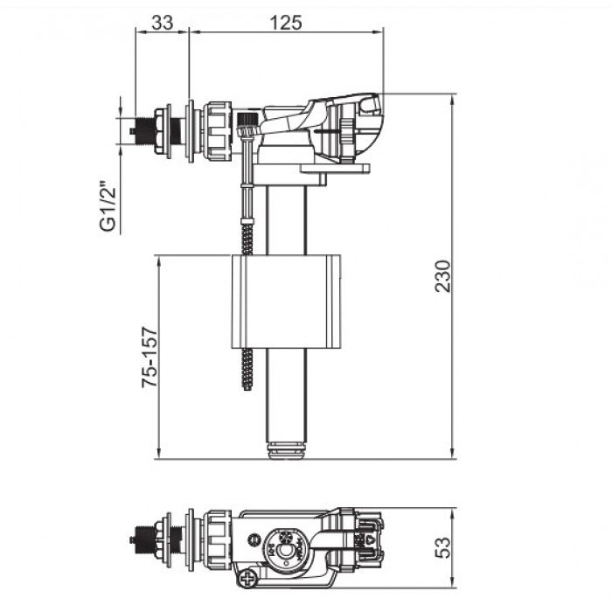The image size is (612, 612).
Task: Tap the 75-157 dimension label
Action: point(150,357)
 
